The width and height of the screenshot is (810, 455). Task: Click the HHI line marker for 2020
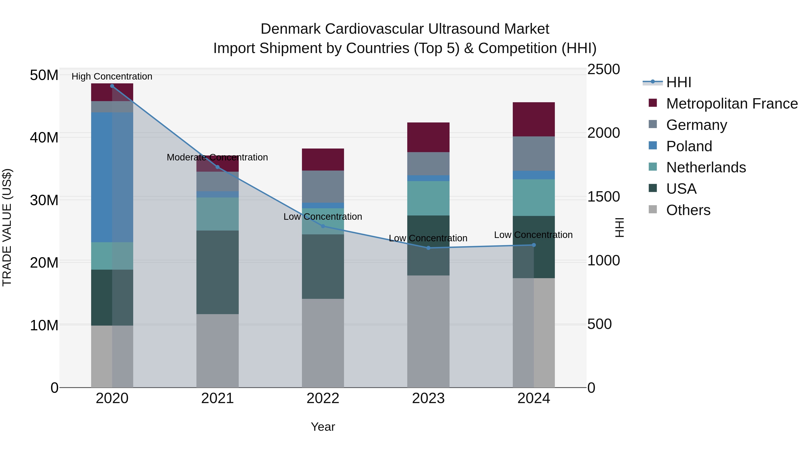point(112,86)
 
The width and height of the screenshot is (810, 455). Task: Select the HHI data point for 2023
point(428,248)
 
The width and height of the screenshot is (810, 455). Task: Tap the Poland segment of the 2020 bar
point(112,178)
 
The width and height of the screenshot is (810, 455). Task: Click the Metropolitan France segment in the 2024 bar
point(534,119)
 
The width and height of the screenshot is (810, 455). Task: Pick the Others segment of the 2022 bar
point(323,343)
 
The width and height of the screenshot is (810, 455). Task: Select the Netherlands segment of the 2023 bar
point(428,198)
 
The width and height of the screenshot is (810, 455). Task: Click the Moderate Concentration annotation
point(217,157)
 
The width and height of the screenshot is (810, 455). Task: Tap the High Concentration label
point(112,77)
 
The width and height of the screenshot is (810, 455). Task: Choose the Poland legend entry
point(689,146)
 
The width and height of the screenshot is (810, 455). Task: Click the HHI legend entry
point(679,82)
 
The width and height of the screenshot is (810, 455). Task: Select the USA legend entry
point(681,189)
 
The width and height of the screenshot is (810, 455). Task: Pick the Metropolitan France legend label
point(732,104)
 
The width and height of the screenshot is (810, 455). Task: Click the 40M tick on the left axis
point(44,138)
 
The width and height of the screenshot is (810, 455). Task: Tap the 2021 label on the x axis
point(217,398)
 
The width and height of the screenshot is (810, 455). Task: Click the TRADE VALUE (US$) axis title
point(7,227)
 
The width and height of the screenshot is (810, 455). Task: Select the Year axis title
point(323,427)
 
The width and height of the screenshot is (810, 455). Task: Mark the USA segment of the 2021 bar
point(217,272)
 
